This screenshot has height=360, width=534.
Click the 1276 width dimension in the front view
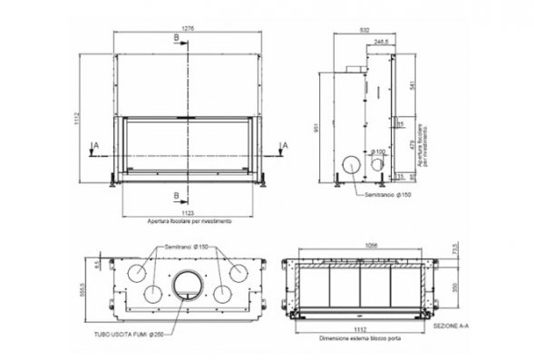188,28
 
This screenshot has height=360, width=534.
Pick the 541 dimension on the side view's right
412,86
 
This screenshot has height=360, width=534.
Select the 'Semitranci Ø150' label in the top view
187,246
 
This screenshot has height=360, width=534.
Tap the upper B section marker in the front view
176,37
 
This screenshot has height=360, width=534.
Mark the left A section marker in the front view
94,144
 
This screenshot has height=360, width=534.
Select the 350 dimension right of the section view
456,287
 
